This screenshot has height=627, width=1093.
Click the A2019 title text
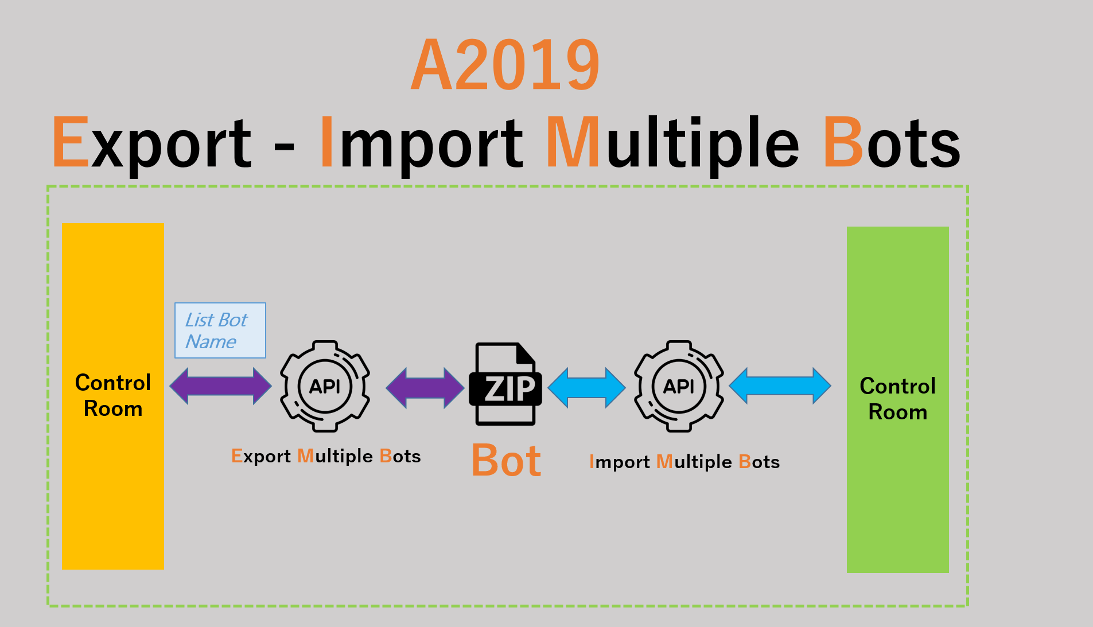[505, 65]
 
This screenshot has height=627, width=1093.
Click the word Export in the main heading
[152, 142]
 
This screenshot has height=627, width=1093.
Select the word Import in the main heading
[421, 142]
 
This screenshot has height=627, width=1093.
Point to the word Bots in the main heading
[892, 142]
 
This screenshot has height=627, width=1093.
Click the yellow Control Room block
[112, 488]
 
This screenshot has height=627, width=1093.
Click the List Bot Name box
[220, 330]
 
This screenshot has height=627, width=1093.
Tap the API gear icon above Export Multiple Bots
[325, 386]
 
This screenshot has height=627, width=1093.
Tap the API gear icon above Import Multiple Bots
[679, 386]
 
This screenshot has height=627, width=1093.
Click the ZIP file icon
[505, 384]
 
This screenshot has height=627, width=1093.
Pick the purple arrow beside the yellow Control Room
[220, 385]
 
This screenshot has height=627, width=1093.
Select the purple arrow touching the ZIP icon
[425, 388]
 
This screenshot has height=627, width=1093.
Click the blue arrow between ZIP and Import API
[586, 388]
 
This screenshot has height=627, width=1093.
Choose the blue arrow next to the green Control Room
[780, 385]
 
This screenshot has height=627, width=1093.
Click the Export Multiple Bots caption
[326, 456]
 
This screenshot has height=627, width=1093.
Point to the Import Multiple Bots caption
[684, 462]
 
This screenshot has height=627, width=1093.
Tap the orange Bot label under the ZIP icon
[506, 461]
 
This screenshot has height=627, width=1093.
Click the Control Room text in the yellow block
[113, 395]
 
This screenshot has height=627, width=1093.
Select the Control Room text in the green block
[898, 399]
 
